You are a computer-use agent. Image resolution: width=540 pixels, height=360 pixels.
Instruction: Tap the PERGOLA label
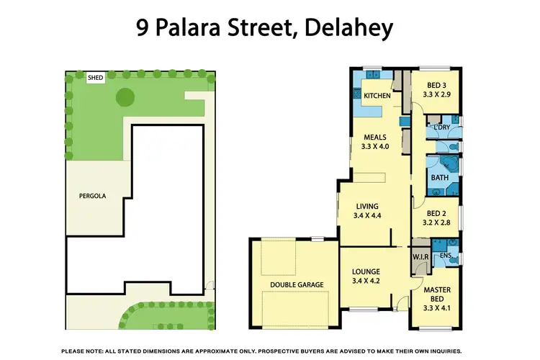[94, 194]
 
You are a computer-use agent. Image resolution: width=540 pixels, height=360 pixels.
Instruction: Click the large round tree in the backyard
[125, 95]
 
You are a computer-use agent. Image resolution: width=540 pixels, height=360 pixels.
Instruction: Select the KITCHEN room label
[377, 96]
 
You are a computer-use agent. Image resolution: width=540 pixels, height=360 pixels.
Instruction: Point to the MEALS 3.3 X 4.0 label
[374, 141]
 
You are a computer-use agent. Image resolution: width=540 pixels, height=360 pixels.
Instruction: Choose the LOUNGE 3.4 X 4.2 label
[365, 276]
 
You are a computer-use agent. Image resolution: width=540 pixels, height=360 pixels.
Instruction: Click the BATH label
[439, 176]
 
